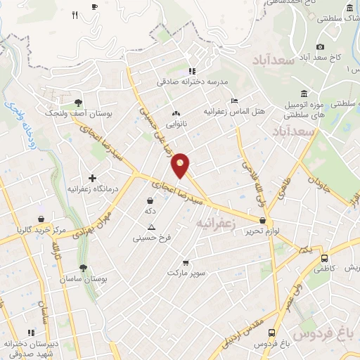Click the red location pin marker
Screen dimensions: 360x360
pyautogui.click(x=181, y=165)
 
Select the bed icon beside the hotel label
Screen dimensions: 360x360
pyautogui.click(x=235, y=101)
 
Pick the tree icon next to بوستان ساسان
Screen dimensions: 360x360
pyautogui.click(x=83, y=268)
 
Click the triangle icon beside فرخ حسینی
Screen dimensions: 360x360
pyautogui.click(x=150, y=226)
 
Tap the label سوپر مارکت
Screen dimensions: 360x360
pyautogui.click(x=186, y=272)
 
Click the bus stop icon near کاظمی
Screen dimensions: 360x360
pyautogui.click(x=323, y=257)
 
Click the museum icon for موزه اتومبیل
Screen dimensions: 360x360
pyautogui.click(x=303, y=94)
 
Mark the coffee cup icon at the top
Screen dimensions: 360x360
pyautogui.click(x=95, y=6)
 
